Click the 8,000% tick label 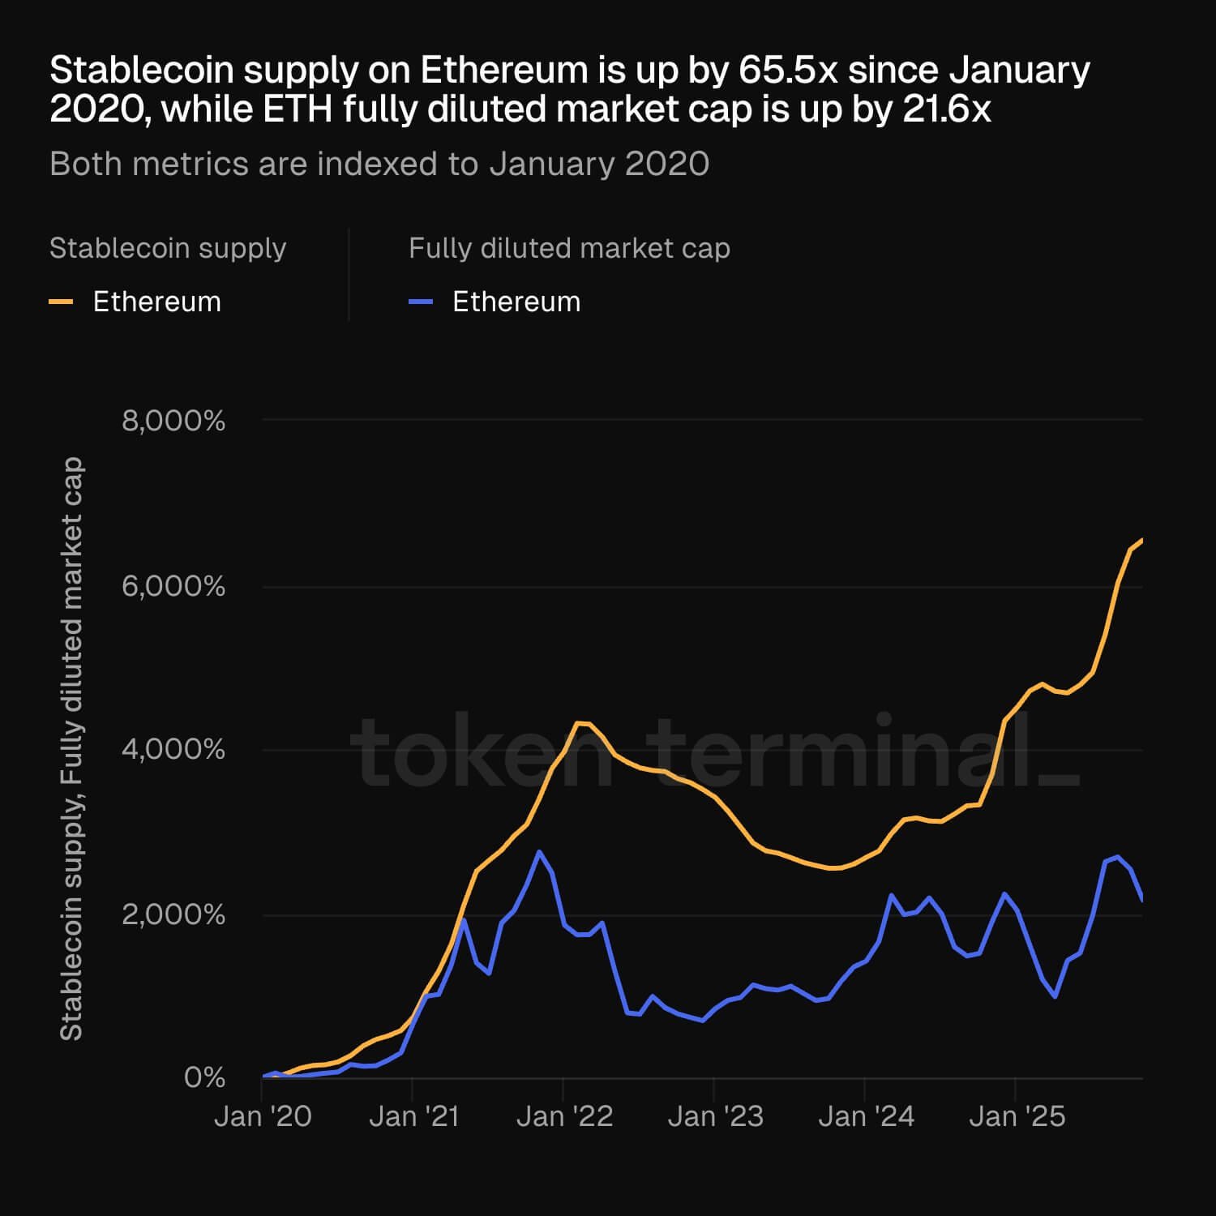[x=173, y=421]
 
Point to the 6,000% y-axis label [x=173, y=586]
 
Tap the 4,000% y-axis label [x=173, y=749]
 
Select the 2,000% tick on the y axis [x=173, y=914]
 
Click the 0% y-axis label [x=204, y=1077]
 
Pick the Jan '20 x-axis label [x=263, y=1116]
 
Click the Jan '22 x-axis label [x=564, y=1116]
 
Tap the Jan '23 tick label [x=715, y=1116]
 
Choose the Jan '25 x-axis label [x=1017, y=1116]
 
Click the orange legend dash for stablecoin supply [x=62, y=302]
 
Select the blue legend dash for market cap [x=421, y=302]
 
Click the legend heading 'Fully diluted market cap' [x=569, y=248]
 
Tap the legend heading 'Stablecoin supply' [x=168, y=248]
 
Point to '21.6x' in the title [x=946, y=109]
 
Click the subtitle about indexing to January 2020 [x=379, y=164]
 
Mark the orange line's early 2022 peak [x=578, y=722]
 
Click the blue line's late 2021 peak [x=539, y=851]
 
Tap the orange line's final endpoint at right [x=1141, y=540]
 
